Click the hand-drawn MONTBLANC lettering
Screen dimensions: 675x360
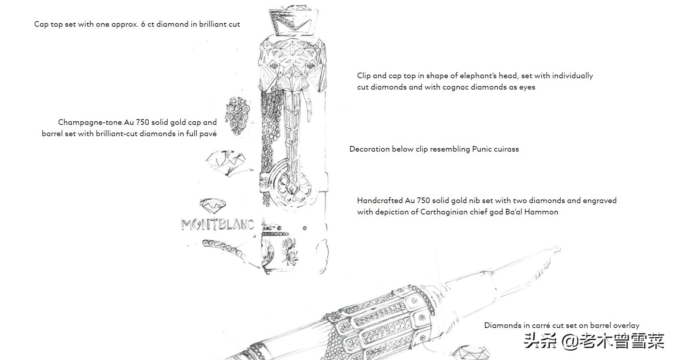(x=218, y=225)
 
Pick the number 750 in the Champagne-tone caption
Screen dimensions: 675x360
(x=142, y=122)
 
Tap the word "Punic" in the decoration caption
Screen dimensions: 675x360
(x=482, y=149)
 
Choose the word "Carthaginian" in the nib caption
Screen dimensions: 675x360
(x=443, y=212)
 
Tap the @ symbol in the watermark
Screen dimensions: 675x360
(x=570, y=341)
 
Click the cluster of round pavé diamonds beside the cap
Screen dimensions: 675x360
(x=237, y=116)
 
